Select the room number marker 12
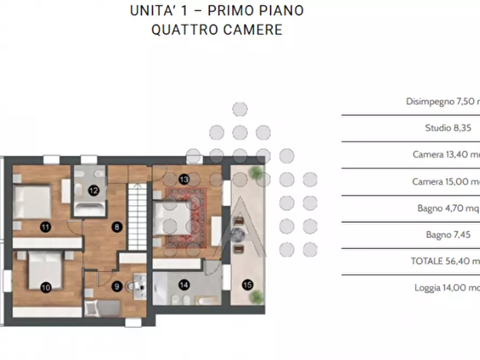pos(93,190)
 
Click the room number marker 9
pos(116,287)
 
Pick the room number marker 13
pos(184,179)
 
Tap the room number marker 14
pos(184,285)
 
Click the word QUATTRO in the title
pos(184,29)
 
